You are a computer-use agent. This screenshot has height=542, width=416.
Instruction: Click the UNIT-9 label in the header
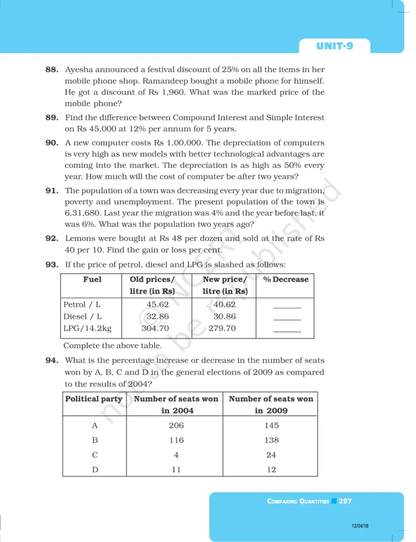(334, 46)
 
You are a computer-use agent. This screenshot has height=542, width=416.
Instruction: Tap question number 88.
(52, 70)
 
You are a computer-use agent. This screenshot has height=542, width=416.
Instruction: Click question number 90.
(52, 143)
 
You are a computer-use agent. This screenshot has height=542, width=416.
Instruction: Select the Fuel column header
(92, 279)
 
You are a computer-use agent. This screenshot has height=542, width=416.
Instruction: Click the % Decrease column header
(285, 279)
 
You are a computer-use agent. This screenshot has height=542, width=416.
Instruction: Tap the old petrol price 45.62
(157, 305)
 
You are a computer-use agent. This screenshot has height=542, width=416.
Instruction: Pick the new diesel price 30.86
(224, 317)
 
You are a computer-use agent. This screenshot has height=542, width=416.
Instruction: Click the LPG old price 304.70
(156, 328)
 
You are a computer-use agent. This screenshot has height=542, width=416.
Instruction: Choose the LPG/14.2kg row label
(87, 328)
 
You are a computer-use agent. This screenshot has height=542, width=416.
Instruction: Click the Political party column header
(94, 399)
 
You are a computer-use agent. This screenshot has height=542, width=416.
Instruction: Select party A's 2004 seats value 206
(176, 426)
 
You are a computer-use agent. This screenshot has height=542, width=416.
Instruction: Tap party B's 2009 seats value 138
(271, 440)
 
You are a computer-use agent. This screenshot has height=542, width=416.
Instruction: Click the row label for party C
(95, 455)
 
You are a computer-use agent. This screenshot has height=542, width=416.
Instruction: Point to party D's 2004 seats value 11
(176, 469)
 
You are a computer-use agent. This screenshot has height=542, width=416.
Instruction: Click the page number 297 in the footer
(345, 501)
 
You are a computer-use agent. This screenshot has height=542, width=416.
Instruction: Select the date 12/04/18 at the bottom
(360, 526)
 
